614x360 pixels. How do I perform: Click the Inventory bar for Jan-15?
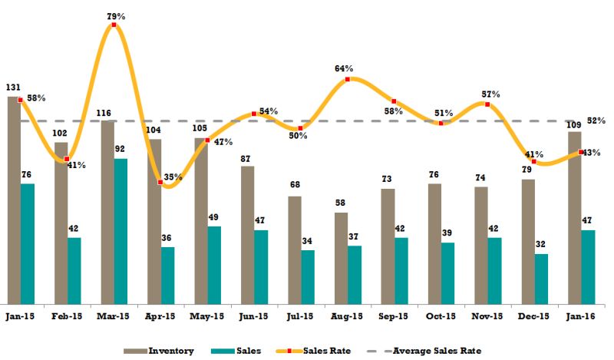(x=14, y=200)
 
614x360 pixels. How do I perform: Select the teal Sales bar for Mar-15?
(x=120, y=230)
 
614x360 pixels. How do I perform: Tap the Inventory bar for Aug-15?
(x=341, y=257)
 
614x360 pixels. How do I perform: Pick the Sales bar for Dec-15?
(x=541, y=278)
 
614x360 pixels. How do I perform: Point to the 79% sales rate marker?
(x=114, y=25)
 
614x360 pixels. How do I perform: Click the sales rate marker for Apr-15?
(x=160, y=182)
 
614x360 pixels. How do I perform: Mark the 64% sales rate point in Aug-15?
(x=348, y=79)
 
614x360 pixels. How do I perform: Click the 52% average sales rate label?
(x=596, y=121)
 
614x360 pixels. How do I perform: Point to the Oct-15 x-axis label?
(x=441, y=315)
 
